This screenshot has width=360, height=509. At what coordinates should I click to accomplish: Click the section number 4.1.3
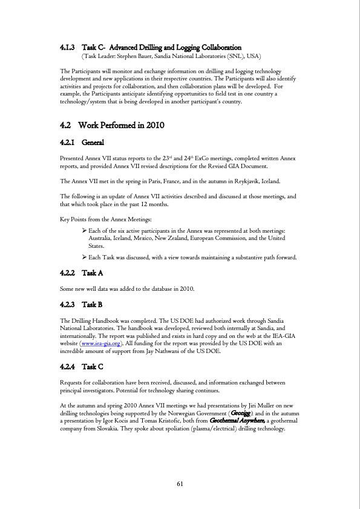(67, 47)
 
